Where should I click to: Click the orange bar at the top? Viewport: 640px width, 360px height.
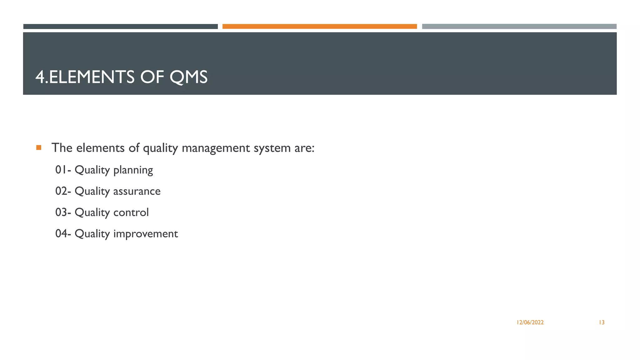319,27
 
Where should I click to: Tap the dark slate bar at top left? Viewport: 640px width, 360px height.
120,27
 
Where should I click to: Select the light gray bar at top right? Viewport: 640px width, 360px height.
519,27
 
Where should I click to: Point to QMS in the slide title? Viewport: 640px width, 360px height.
188,77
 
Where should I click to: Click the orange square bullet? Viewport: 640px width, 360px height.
39,147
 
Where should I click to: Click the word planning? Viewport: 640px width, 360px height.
133,171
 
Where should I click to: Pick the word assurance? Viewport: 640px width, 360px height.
137,191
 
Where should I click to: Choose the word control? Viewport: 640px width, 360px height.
131,212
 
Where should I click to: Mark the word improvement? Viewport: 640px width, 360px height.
145,234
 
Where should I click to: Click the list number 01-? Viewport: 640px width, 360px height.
63,170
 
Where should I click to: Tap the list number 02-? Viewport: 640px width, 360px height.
63,191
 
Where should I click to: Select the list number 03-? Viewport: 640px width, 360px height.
63,212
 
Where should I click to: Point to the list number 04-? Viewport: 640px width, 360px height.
63,234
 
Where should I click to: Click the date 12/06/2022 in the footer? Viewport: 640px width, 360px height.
530,322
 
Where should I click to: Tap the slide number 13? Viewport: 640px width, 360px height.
602,322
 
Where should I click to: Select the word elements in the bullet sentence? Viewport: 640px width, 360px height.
100,148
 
